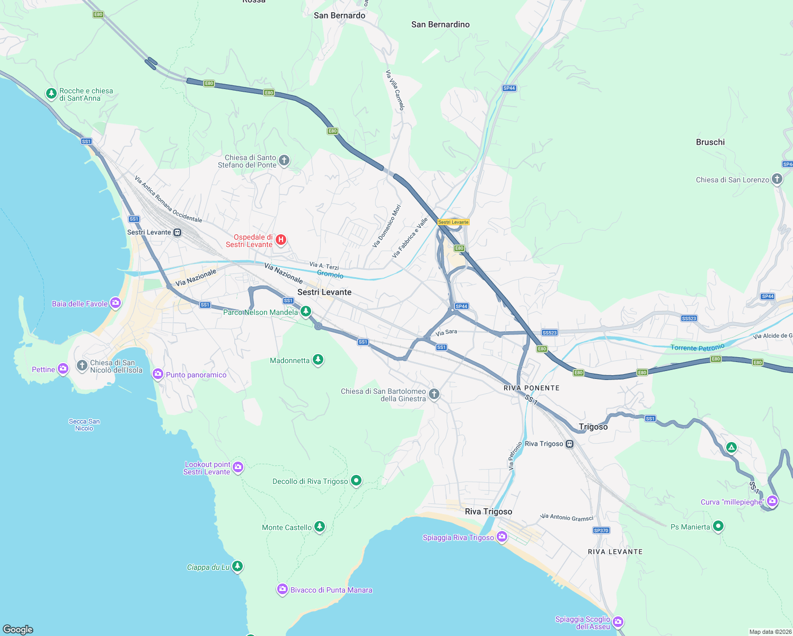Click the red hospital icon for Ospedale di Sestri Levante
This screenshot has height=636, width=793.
(x=281, y=240)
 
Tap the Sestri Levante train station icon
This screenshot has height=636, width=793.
(x=177, y=232)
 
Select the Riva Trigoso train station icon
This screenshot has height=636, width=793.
(x=569, y=444)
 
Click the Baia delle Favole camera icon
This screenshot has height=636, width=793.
(x=116, y=303)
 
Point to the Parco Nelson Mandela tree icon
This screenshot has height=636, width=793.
(x=306, y=311)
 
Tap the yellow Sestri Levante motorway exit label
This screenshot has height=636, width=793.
(x=453, y=222)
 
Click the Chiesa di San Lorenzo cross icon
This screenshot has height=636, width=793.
(x=777, y=179)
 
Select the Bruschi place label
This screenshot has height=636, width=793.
(x=710, y=142)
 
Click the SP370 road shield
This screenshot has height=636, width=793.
(x=601, y=530)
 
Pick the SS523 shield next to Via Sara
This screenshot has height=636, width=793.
(x=550, y=333)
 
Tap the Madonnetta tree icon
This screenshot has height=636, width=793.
(x=318, y=360)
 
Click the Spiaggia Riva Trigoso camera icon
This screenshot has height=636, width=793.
(x=501, y=537)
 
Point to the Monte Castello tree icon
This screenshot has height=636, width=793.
(x=319, y=526)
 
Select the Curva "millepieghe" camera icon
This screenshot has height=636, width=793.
(x=772, y=501)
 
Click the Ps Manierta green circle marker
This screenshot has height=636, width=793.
(x=718, y=526)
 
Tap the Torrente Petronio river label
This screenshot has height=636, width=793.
(x=697, y=348)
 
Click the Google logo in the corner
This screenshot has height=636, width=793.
(x=18, y=630)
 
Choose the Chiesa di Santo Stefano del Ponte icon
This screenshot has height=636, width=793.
(x=284, y=160)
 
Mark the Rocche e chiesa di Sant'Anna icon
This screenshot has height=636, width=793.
(x=51, y=94)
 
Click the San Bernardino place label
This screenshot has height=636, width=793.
(x=440, y=24)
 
